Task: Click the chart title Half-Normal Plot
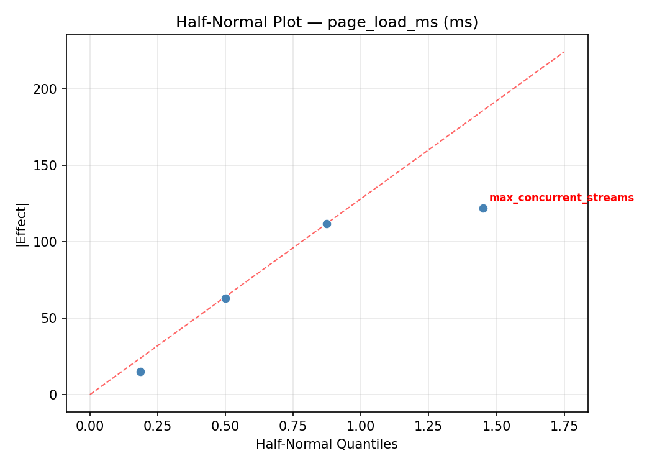point(327,22)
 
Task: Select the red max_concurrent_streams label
point(561,198)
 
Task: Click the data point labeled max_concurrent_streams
point(483,208)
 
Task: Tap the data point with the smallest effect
point(140,372)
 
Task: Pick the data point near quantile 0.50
point(225,298)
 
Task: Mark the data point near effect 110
point(327,224)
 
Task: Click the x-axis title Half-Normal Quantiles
point(327,444)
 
